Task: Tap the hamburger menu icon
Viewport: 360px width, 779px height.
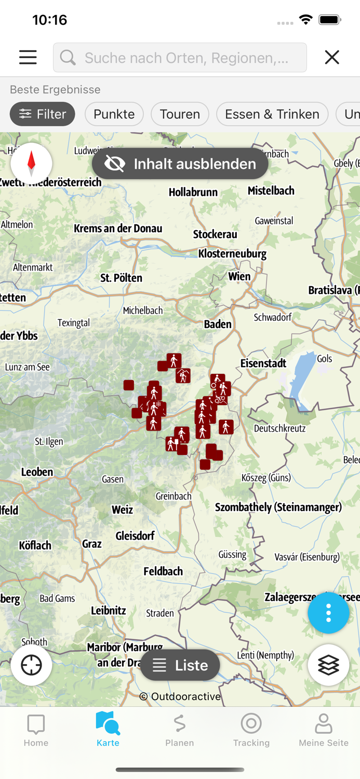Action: pyautogui.click(x=28, y=57)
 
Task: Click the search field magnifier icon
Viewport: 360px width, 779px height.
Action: pyautogui.click(x=68, y=57)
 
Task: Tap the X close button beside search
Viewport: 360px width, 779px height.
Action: pyautogui.click(x=332, y=57)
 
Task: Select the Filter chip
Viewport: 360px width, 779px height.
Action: pyautogui.click(x=42, y=114)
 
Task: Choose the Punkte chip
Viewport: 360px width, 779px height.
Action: pyautogui.click(x=114, y=114)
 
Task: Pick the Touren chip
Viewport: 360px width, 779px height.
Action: pyautogui.click(x=180, y=114)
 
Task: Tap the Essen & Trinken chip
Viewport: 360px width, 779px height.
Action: pyautogui.click(x=272, y=114)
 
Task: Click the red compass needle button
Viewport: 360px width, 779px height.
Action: pyautogui.click(x=31, y=164)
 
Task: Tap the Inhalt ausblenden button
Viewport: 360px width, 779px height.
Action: pyautogui.click(x=180, y=164)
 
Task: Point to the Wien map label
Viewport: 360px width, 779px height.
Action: pyautogui.click(x=239, y=276)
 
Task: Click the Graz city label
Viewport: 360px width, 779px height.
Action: pyautogui.click(x=91, y=544)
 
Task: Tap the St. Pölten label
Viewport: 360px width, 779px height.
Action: pyautogui.click(x=121, y=278)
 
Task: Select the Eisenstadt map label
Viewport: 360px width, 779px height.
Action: pyautogui.click(x=263, y=363)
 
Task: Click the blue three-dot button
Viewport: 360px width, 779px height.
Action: pyautogui.click(x=328, y=613)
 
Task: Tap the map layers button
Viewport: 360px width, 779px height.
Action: pyautogui.click(x=328, y=665)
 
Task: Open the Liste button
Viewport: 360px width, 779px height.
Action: pyautogui.click(x=180, y=665)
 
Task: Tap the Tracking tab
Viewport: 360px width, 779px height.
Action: pyautogui.click(x=251, y=730)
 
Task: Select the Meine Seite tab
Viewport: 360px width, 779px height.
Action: pyautogui.click(x=323, y=730)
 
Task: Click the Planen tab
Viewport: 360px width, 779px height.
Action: pyautogui.click(x=180, y=730)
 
